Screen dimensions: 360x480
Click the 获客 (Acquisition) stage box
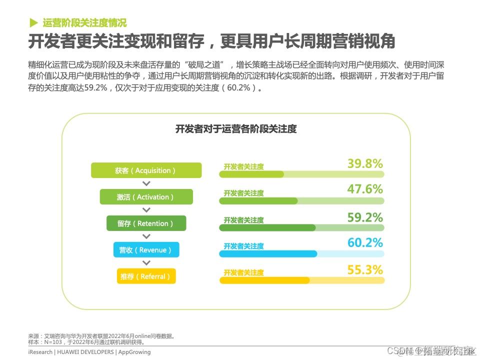click(x=146, y=170)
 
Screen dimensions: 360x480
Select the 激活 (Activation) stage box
click(x=146, y=197)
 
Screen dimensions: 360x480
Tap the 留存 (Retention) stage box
click(x=146, y=223)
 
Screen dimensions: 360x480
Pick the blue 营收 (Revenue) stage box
click(x=146, y=250)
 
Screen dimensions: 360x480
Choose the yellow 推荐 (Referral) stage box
click(x=146, y=276)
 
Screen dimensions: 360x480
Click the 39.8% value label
click(x=365, y=163)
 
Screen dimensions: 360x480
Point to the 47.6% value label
click(x=365, y=189)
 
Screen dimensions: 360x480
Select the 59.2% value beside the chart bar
click(x=365, y=217)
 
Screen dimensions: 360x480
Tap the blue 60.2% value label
click(x=365, y=243)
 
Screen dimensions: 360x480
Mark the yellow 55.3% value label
click(x=365, y=270)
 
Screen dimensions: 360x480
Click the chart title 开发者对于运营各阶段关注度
click(x=236, y=129)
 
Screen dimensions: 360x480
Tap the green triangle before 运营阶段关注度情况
click(x=33, y=22)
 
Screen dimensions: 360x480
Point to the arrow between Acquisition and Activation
click(x=146, y=184)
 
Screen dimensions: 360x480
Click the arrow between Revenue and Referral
click(x=146, y=263)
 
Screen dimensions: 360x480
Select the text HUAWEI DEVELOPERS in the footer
click(x=85, y=352)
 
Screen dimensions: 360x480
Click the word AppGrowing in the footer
click(x=134, y=352)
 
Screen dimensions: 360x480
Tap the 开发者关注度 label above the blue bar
click(x=243, y=246)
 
